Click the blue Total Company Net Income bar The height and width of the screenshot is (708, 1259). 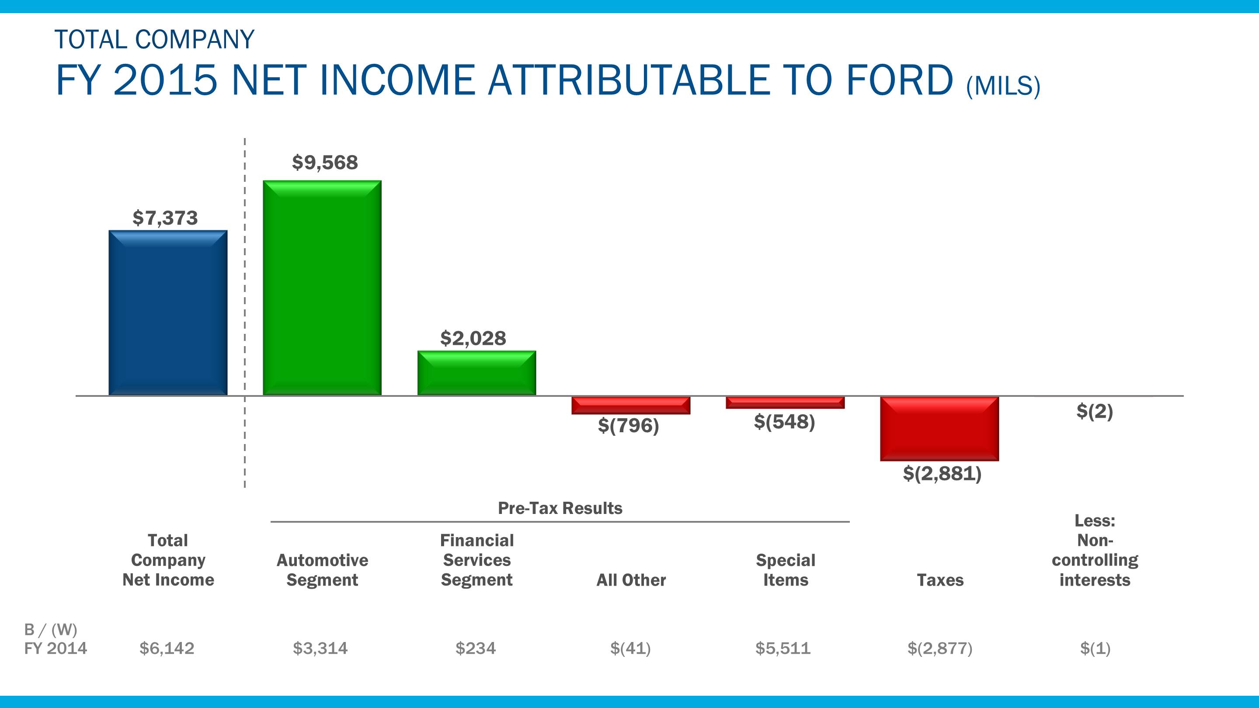click(x=167, y=313)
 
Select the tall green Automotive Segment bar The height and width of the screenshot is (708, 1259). click(x=322, y=288)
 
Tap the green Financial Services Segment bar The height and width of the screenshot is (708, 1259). click(x=476, y=373)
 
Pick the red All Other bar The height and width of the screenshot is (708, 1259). click(x=631, y=405)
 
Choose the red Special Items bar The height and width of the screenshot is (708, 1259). click(x=785, y=403)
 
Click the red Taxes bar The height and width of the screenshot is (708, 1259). click(x=939, y=428)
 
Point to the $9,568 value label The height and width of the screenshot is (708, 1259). click(x=325, y=162)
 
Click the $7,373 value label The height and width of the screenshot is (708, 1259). click(x=165, y=218)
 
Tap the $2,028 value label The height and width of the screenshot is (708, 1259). click(x=473, y=338)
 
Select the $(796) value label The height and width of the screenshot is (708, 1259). click(x=629, y=425)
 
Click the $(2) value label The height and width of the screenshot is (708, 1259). click(x=1094, y=411)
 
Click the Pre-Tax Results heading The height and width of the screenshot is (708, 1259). click(x=560, y=508)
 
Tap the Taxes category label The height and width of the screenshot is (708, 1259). click(x=940, y=580)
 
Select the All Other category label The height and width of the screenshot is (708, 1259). click(x=631, y=580)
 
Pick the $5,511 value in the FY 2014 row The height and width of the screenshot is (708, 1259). click(x=783, y=649)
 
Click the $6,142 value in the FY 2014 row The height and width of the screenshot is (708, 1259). click(x=167, y=649)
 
